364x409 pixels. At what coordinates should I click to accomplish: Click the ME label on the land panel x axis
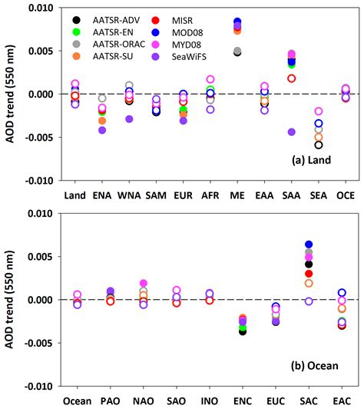pos(237,194)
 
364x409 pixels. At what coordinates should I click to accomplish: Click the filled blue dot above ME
pos(237,22)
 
